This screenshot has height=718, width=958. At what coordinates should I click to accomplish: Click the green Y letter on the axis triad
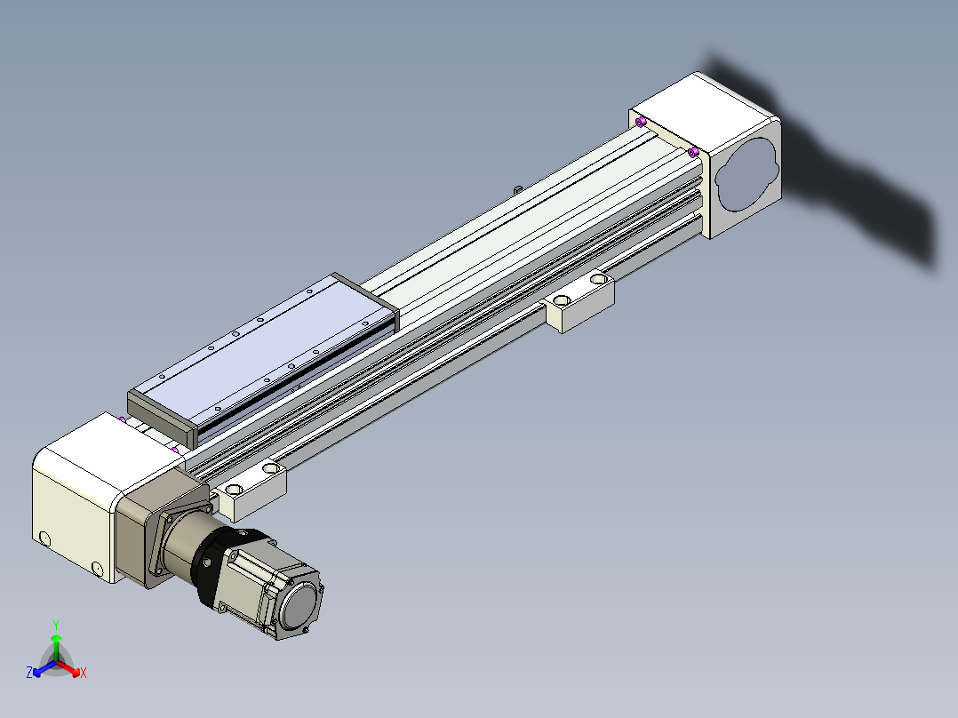tap(56, 625)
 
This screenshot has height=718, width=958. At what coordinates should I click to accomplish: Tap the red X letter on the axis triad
tap(84, 673)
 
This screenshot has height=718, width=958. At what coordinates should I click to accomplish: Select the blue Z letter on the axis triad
tap(29, 672)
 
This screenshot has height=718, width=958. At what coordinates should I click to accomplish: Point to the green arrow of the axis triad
tap(56, 647)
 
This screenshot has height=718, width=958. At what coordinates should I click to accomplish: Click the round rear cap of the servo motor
tap(299, 607)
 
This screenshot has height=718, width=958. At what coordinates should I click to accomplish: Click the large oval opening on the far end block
tap(746, 174)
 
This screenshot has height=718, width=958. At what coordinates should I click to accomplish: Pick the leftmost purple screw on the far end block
tap(640, 123)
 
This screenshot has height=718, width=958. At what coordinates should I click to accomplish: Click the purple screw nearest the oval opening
tap(693, 152)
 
